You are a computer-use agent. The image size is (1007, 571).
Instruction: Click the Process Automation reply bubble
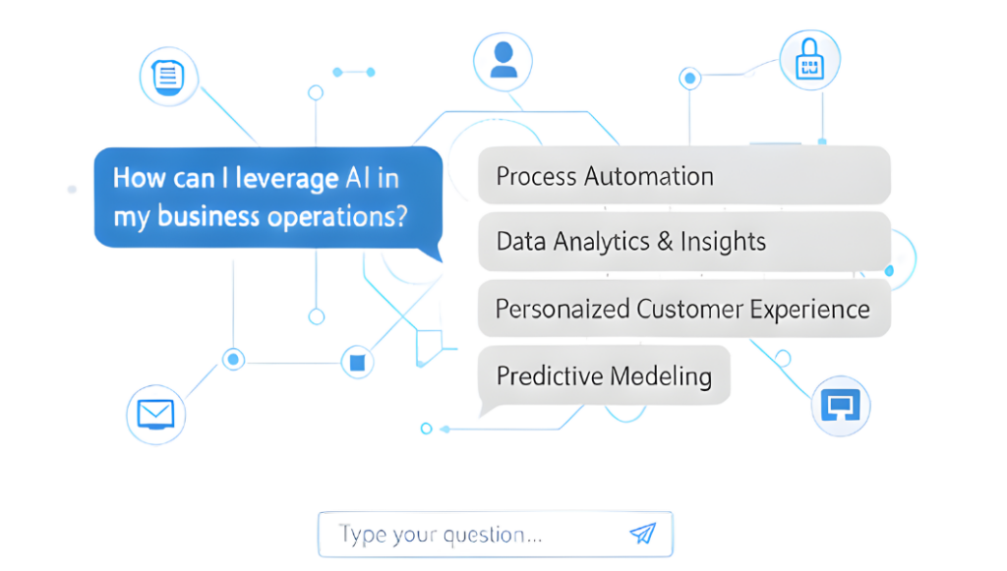pyautogui.click(x=682, y=176)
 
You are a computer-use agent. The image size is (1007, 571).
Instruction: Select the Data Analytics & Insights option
pyautogui.click(x=682, y=241)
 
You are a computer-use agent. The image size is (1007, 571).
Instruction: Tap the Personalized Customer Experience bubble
pyautogui.click(x=682, y=309)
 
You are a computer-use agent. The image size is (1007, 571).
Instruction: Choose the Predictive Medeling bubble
pyautogui.click(x=604, y=374)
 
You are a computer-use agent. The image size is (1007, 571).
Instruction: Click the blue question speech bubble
pyautogui.click(x=266, y=197)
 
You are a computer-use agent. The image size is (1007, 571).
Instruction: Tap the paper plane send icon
pyautogui.click(x=642, y=534)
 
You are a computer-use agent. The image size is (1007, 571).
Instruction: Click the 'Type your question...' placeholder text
pyautogui.click(x=440, y=535)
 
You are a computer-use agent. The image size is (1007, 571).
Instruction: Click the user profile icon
pyautogui.click(x=503, y=59)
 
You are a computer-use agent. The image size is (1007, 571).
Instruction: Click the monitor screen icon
pyautogui.click(x=840, y=406)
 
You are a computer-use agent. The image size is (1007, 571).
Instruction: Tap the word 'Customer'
pyautogui.click(x=687, y=309)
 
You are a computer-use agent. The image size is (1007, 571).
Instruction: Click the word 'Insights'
pyautogui.click(x=723, y=241)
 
